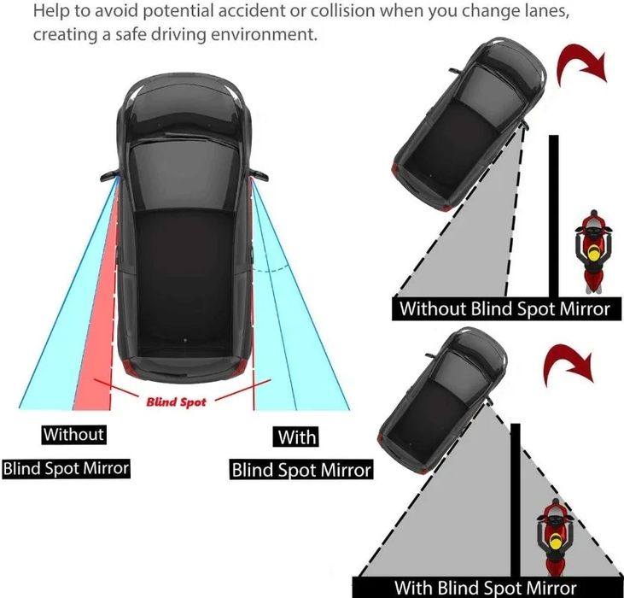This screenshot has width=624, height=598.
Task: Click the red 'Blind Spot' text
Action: (177, 402)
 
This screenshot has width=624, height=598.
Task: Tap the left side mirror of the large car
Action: (109, 176)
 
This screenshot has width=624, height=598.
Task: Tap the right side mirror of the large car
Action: (259, 175)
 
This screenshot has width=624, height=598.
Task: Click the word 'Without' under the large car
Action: (73, 434)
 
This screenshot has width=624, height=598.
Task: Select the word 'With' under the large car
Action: (296, 437)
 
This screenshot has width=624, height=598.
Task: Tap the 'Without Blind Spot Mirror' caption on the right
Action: (504, 309)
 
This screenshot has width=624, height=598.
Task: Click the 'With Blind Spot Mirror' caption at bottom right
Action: (485, 588)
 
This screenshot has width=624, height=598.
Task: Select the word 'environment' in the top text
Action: (264, 34)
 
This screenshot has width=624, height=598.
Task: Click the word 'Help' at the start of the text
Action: (47, 12)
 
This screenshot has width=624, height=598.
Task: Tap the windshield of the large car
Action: (185, 175)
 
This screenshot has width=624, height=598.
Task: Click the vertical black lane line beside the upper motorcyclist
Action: (553, 216)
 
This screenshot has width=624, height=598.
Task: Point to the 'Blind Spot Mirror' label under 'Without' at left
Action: (66, 468)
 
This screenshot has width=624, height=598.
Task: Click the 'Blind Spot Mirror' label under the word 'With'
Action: (301, 470)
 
